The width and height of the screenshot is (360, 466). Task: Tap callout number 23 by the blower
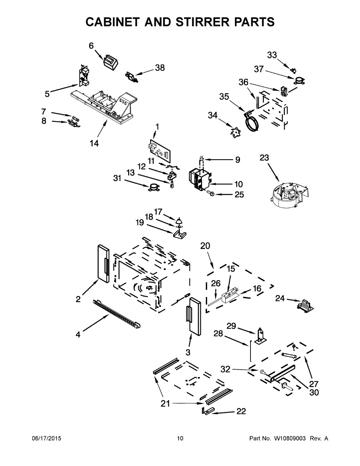pyautogui.click(x=264, y=158)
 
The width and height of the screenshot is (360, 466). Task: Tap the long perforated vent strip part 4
pyautogui.click(x=117, y=314)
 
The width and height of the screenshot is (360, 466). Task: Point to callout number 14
pyautogui.click(x=94, y=143)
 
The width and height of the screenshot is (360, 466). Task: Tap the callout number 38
pyautogui.click(x=160, y=68)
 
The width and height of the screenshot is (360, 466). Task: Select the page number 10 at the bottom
pyautogui.click(x=180, y=438)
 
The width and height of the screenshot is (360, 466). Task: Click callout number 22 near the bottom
pyautogui.click(x=241, y=411)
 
